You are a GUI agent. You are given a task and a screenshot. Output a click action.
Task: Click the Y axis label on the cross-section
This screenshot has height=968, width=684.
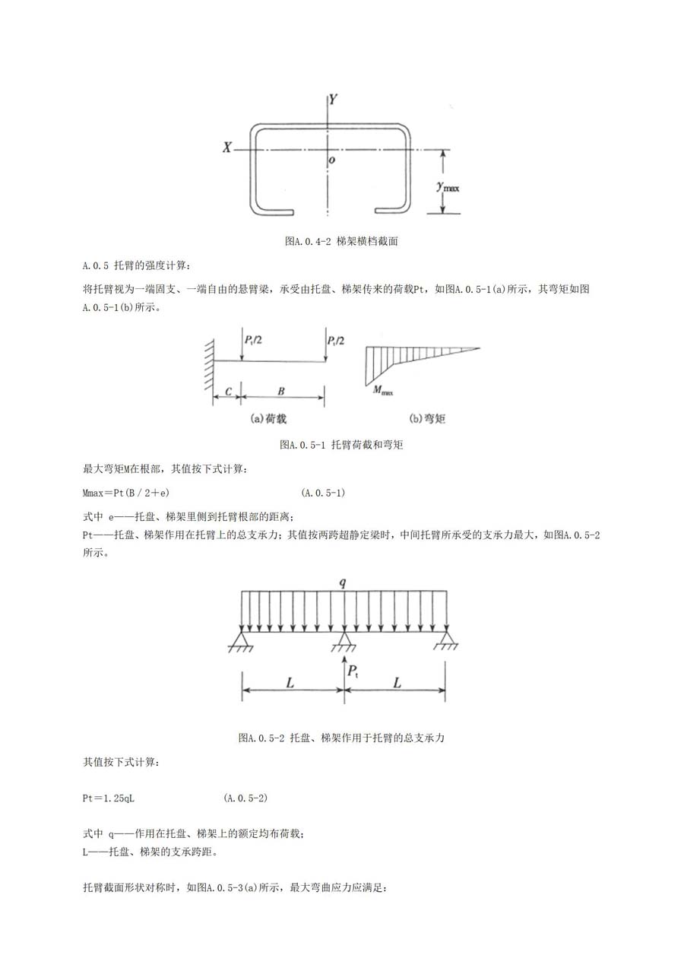pos(333,100)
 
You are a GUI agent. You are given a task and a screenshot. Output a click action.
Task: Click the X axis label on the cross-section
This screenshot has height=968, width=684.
pos(227,148)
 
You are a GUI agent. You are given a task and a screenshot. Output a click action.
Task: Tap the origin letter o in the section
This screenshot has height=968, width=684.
pos(331,160)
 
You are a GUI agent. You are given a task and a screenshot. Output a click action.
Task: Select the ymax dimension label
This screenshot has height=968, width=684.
pos(448,187)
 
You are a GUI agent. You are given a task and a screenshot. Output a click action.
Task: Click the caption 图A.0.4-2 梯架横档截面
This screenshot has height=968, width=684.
pos(341,241)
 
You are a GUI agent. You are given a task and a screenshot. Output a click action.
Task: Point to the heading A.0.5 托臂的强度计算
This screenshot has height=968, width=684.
pos(136,265)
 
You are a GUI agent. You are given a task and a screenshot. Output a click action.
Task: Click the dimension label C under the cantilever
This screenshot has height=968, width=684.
pos(229,392)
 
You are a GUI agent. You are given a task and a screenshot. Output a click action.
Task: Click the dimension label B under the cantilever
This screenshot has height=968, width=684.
pos(281,392)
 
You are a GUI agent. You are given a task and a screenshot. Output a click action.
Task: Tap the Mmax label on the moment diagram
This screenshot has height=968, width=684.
pos(383,391)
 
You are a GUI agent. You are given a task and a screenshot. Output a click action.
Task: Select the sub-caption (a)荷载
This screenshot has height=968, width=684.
pos(268,418)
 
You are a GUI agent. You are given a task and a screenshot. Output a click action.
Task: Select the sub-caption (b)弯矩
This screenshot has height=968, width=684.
pos(426,418)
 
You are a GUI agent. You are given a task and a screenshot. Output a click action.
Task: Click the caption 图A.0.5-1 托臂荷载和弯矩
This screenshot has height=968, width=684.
pos(341,445)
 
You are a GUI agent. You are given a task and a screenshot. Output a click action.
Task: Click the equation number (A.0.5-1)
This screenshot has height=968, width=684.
pos(323,493)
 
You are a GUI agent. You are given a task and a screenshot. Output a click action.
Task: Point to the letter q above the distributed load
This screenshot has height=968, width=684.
pos(343,583)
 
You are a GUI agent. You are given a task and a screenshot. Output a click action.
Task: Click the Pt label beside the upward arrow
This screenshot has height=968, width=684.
pos(353,671)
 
